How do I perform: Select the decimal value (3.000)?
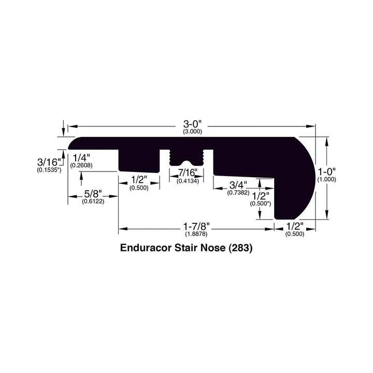(192, 132)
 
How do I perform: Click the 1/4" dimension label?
(82, 157)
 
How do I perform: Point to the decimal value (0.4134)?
(187, 181)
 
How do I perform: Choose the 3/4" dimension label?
(238, 184)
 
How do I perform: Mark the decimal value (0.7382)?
(238, 192)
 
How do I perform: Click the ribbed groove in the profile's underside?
(187, 156)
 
